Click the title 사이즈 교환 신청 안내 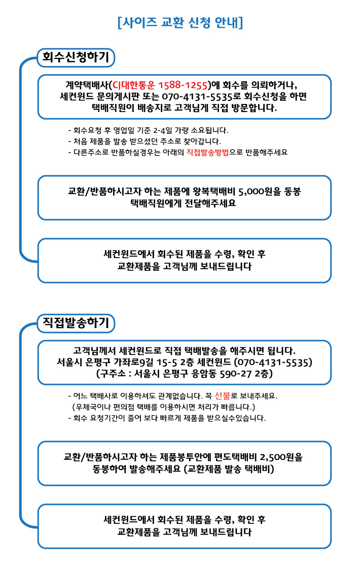[180, 22]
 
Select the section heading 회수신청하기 [76, 57]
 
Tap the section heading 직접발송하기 [76, 322]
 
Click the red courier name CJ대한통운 [133, 85]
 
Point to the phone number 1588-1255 [183, 85]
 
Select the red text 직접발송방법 [207, 152]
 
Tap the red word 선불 [222, 396]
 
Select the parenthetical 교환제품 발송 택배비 [229, 469]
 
